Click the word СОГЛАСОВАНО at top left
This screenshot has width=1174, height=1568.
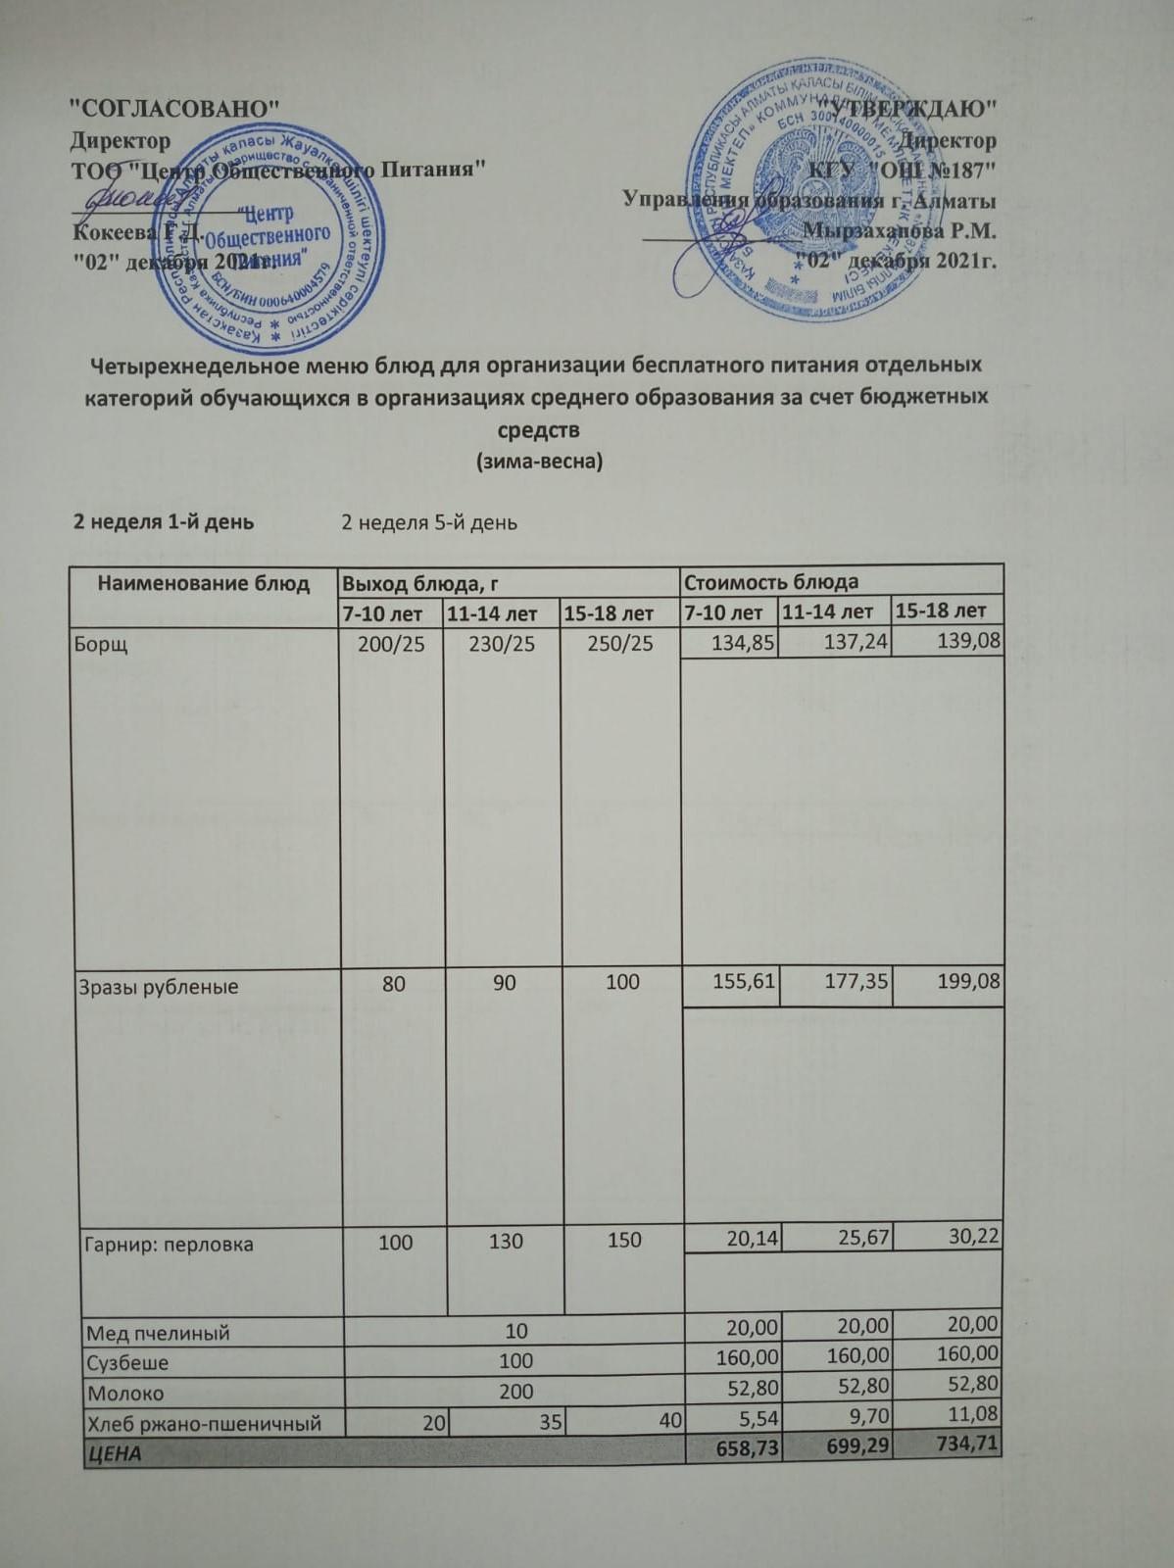click(177, 108)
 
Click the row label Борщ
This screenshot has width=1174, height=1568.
click(102, 645)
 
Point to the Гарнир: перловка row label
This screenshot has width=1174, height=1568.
click(170, 1245)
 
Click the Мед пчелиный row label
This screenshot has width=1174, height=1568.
click(158, 1333)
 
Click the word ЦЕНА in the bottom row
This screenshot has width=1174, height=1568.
click(114, 1453)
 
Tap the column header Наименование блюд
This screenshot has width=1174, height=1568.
click(203, 584)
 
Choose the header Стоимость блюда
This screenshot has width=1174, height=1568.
click(770, 582)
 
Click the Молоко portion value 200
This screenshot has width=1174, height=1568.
click(515, 1392)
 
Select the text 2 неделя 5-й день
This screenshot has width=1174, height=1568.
click(429, 522)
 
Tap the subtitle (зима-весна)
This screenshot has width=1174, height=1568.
click(538, 461)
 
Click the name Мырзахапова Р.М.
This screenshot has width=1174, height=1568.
click(899, 231)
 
